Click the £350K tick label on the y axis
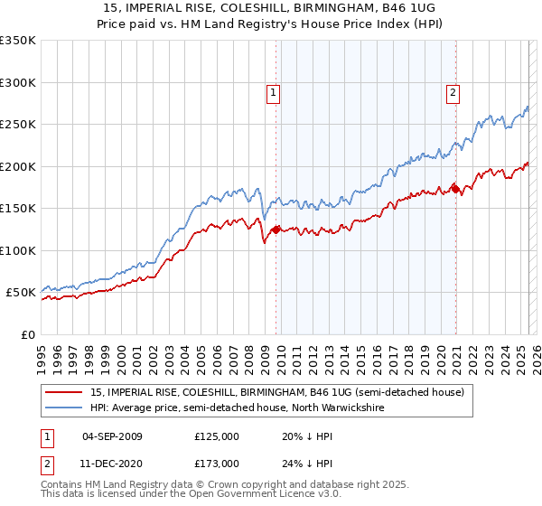(18, 41)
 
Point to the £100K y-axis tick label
(18, 250)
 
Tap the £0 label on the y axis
(28, 334)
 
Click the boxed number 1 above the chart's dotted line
(273, 90)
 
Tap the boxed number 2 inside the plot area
(452, 90)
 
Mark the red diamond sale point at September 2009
(276, 230)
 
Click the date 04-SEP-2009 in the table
(112, 436)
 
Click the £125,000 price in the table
(217, 436)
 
